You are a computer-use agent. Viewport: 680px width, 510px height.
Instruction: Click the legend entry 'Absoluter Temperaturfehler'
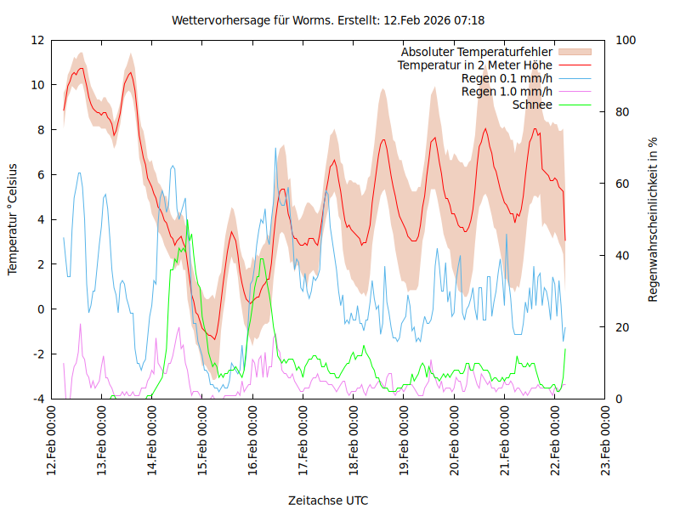pyautogui.click(x=477, y=52)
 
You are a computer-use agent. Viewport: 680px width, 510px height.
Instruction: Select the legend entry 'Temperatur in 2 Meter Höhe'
pyautogui.click(x=475, y=65)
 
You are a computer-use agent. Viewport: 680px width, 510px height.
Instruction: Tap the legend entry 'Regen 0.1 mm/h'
pyautogui.click(x=507, y=78)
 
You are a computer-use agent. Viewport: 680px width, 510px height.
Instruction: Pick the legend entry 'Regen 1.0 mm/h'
pyautogui.click(x=507, y=91)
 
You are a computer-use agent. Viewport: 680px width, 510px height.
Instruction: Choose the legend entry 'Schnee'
pyautogui.click(x=533, y=105)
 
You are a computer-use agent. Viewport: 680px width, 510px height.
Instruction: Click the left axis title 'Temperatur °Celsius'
pyautogui.click(x=13, y=218)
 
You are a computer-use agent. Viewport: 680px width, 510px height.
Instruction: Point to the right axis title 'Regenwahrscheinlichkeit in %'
pyautogui.click(x=654, y=219)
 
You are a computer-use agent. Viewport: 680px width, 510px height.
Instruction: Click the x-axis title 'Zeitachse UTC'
pyautogui.click(x=328, y=500)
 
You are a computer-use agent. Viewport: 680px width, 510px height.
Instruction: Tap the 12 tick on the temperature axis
pyautogui.click(x=37, y=40)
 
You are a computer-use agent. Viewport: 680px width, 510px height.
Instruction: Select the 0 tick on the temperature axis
pyautogui.click(x=41, y=309)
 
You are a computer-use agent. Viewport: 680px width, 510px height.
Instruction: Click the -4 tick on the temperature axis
pyautogui.click(x=37, y=399)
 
